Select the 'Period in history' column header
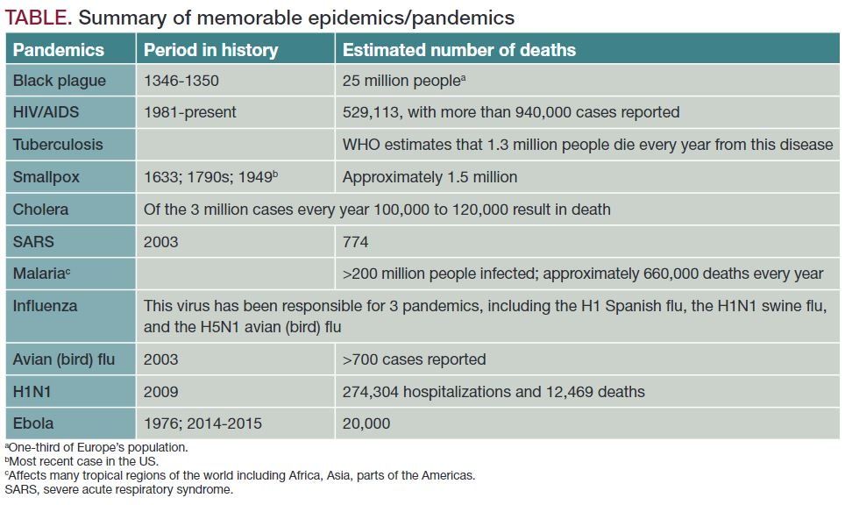pos(210,50)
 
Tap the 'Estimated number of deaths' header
pos(458,50)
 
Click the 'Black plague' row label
pos(59,81)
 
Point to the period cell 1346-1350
pos(181,81)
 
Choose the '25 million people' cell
pos(402,81)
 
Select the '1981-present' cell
pos(190,112)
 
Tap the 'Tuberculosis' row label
pos(58,145)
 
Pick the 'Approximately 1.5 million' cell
pos(430,177)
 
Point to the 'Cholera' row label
pos(40,210)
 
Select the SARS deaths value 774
pos(356,241)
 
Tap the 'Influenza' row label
pos(45,306)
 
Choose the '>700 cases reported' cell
pos(414,359)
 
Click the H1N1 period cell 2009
pos(161,391)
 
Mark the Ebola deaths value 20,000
pos(366,423)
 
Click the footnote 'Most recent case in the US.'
pos(83,461)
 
